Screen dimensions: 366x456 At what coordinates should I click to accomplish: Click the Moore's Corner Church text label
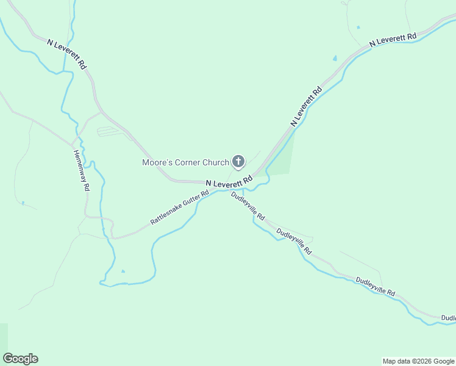tap(185, 162)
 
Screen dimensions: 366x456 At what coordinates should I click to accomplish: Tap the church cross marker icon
tap(238, 162)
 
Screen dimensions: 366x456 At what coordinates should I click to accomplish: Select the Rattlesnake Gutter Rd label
tap(180, 207)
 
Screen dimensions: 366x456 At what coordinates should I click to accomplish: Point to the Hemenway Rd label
tap(80, 171)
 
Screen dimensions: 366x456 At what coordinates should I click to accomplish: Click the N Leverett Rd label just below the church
tap(229, 182)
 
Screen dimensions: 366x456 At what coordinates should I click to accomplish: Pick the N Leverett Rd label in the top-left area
tap(67, 54)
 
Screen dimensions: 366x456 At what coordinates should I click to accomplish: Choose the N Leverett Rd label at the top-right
tap(393, 40)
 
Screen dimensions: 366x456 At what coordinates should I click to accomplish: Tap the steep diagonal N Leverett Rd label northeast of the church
tap(306, 107)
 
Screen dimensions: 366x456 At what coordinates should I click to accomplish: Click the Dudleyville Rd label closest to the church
tap(248, 206)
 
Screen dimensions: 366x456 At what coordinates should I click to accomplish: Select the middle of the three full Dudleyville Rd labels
tap(294, 241)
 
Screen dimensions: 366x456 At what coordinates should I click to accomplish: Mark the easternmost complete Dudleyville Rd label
tap(376, 285)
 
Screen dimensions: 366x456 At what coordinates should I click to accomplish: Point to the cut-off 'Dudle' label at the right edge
tap(448, 318)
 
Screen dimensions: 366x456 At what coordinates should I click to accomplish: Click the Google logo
tap(20, 359)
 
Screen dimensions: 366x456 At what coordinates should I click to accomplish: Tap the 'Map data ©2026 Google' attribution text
tap(419, 361)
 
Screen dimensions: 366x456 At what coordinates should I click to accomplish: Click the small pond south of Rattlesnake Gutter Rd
tap(123, 271)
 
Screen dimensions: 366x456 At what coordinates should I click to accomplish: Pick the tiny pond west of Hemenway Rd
tap(23, 203)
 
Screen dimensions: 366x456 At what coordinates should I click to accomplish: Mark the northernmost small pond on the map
tap(358, 27)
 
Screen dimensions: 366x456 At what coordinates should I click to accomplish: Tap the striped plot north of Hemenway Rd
tap(110, 131)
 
